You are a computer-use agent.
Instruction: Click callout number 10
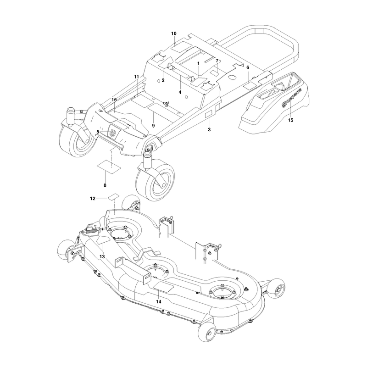pos(174,33)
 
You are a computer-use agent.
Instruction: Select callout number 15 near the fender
pos(290,120)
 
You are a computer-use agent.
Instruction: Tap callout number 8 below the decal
pos(105,185)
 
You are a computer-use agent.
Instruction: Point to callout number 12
pos(93,199)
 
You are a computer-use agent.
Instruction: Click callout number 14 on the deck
pos(158,302)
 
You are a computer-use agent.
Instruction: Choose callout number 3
pos(209,129)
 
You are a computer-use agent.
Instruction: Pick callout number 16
pos(114,100)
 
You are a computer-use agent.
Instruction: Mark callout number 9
pos(153,126)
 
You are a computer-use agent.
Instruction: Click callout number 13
pos(102,256)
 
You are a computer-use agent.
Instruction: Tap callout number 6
pos(248,67)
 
